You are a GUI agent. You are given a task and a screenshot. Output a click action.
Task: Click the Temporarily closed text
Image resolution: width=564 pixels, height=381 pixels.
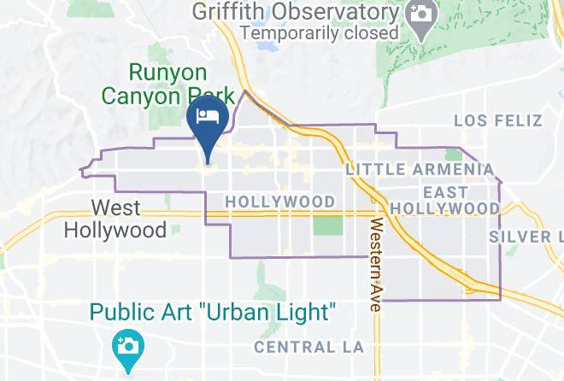(320, 33)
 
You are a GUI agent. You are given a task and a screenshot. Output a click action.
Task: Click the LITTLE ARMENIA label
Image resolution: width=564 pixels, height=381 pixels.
(420, 170)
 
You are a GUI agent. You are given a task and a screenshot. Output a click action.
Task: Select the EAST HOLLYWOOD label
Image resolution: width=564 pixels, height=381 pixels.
(444, 200)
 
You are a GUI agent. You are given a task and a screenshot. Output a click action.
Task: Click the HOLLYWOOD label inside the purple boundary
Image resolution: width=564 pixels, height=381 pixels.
(279, 201)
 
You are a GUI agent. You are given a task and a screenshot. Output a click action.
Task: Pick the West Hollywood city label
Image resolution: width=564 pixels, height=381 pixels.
(115, 219)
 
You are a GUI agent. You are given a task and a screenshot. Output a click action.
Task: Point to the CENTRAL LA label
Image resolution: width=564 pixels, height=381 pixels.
(309, 348)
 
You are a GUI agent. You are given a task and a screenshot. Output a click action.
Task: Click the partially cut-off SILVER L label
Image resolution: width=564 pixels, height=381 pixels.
(526, 236)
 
